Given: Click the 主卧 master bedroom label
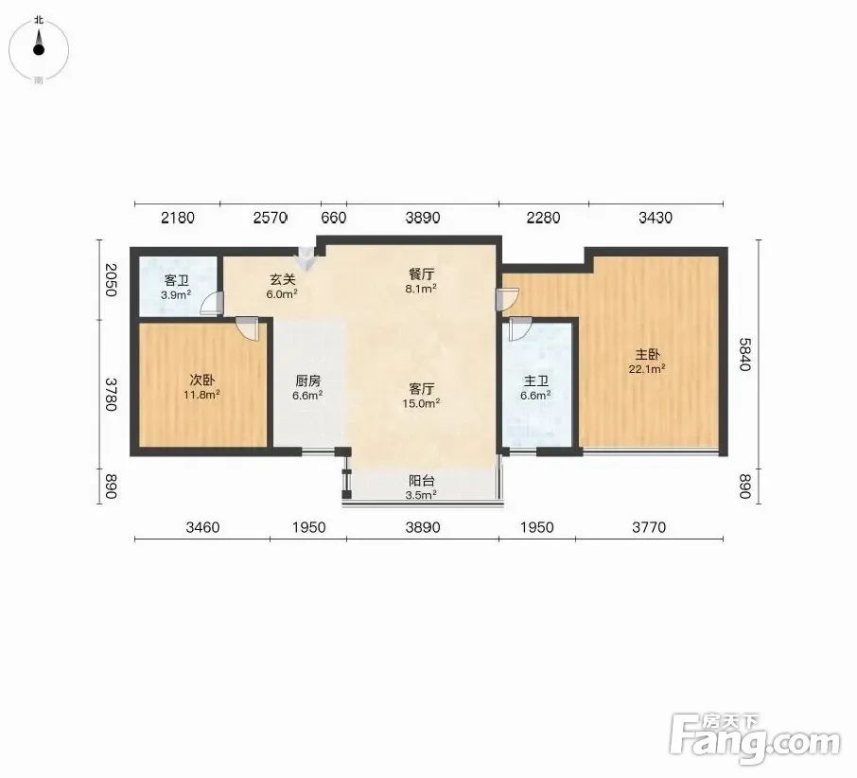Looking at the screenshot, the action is click(647, 354).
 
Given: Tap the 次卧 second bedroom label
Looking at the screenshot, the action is click(201, 380).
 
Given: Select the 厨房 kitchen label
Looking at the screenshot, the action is click(307, 380).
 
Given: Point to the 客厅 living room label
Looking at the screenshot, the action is click(421, 389).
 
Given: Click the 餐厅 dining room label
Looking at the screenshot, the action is click(421, 274).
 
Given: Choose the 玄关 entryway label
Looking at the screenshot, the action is click(283, 279).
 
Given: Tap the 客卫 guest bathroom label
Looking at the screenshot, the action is click(177, 281).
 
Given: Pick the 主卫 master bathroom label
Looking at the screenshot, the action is click(535, 380).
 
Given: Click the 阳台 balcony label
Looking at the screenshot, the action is click(421, 481).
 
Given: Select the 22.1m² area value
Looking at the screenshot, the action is click(647, 369).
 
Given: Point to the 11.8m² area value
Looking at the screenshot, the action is click(201, 395).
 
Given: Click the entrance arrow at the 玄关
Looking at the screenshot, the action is click(306, 257).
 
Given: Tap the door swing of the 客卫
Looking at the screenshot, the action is click(213, 304).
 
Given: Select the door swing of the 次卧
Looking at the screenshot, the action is click(247, 329).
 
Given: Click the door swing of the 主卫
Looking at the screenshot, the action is click(519, 329).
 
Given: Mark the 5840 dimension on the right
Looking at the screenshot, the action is click(745, 354).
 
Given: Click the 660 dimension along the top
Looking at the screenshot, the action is click(333, 218).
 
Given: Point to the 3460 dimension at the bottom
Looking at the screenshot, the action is click(202, 527).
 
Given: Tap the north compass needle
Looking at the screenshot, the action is click(38, 44).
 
